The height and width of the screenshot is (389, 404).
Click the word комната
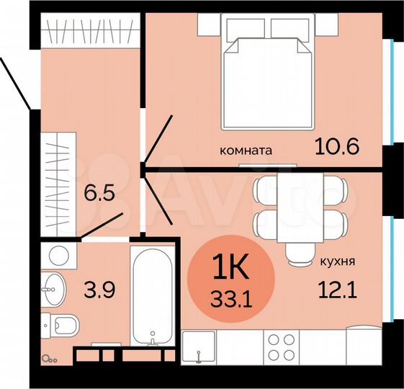point(246,151)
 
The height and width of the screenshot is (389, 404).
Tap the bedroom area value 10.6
point(336,147)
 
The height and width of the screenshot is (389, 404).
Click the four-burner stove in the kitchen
point(282,346)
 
